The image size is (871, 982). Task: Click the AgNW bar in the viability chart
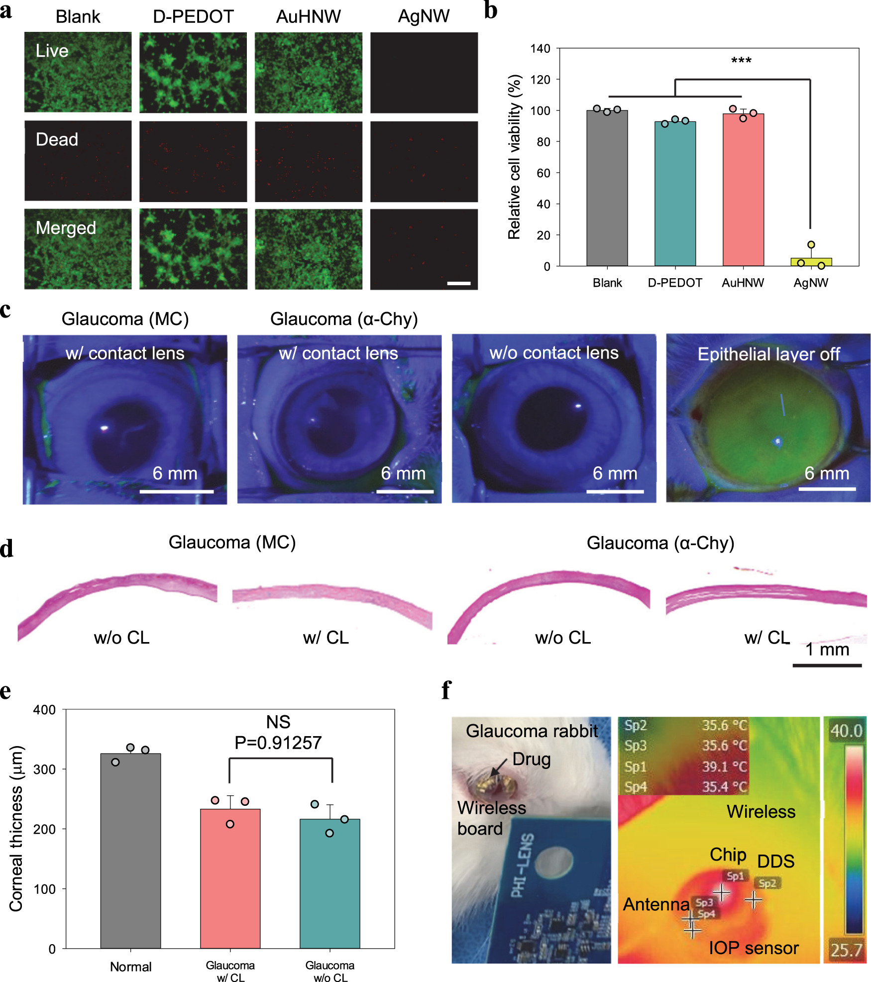pos(811,262)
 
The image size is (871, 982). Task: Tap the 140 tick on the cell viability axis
pos(540,49)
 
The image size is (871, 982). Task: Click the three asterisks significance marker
pos(741,61)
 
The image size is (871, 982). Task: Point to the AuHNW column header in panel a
pos(308,17)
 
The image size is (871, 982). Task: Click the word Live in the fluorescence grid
pos(52,51)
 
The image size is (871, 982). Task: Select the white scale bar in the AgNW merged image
pos(458,283)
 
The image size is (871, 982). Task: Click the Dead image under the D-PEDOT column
pos(193,161)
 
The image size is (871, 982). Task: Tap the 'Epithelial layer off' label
pos(768,354)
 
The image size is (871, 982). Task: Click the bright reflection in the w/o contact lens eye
pos(578,406)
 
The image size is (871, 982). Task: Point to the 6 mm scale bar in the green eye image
pos(827,489)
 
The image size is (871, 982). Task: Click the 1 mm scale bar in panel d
pos(827,665)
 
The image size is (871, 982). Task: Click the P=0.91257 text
pos(278,743)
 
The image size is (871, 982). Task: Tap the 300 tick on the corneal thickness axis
pos(44,769)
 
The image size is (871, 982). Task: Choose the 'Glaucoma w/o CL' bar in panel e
pos(329,883)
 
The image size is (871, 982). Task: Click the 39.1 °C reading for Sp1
pos(724,766)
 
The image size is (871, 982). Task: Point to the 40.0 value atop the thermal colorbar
pos(846,731)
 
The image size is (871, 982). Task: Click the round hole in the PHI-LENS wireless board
pos(553,863)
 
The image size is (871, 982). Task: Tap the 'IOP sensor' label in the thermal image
pos(754,948)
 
